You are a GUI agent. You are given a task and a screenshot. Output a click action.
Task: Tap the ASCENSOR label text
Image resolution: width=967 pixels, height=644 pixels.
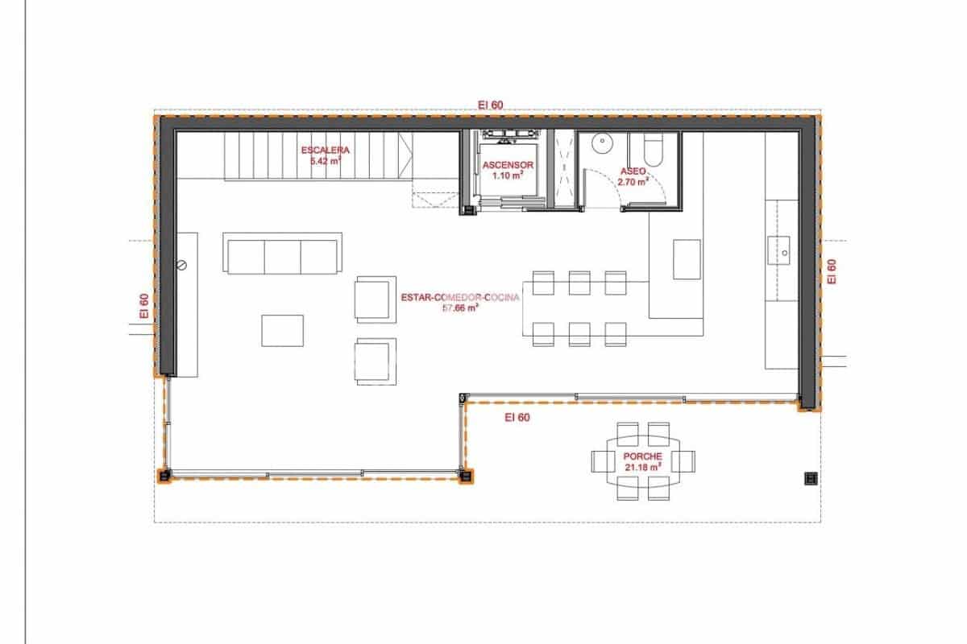tap(504, 166)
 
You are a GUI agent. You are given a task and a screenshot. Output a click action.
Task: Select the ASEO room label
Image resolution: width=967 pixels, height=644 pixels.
tap(633, 171)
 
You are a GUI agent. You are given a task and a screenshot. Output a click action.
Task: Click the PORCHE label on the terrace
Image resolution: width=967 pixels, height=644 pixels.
tap(642, 456)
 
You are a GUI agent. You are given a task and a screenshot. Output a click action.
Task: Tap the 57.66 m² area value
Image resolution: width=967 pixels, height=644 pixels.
tap(461, 308)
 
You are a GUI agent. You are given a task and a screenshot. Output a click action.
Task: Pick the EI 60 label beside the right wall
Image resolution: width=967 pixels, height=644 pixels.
tap(832, 270)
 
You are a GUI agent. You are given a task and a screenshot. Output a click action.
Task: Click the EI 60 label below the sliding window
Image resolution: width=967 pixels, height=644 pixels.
tap(517, 417)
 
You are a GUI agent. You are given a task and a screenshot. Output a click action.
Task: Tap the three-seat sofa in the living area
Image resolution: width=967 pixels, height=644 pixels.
tap(283, 256)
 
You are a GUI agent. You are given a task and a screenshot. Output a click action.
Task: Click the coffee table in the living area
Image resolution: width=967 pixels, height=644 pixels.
tap(282, 330)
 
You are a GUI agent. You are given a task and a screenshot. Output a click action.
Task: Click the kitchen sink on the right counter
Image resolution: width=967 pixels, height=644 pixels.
tap(782, 250)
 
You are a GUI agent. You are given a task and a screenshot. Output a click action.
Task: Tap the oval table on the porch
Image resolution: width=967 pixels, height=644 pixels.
tap(643, 461)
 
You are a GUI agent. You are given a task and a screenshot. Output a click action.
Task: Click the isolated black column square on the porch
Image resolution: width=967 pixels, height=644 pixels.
tap(811, 479)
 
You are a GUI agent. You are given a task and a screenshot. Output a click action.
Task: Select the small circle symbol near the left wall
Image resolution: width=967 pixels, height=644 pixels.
tap(182, 264)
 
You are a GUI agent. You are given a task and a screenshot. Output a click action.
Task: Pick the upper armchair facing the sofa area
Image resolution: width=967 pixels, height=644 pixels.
tap(375, 299)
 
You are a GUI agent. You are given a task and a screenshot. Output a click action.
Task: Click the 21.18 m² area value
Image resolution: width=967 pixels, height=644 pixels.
tap(642, 466)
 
